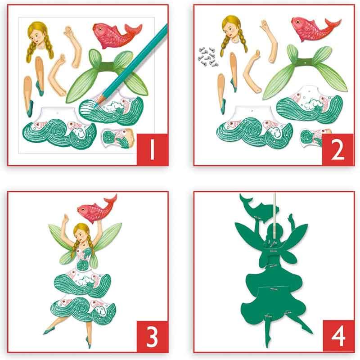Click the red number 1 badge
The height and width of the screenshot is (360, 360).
pos(152,149)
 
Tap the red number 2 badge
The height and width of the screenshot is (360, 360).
pos(338,149)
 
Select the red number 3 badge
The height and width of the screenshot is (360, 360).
pos(152,336)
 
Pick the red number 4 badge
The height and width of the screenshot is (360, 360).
pos(338,336)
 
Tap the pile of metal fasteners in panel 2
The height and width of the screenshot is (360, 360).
pos(208,57)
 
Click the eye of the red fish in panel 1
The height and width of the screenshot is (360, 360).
pos(100,28)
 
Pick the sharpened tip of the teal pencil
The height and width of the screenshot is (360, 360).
pos(95,106)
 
